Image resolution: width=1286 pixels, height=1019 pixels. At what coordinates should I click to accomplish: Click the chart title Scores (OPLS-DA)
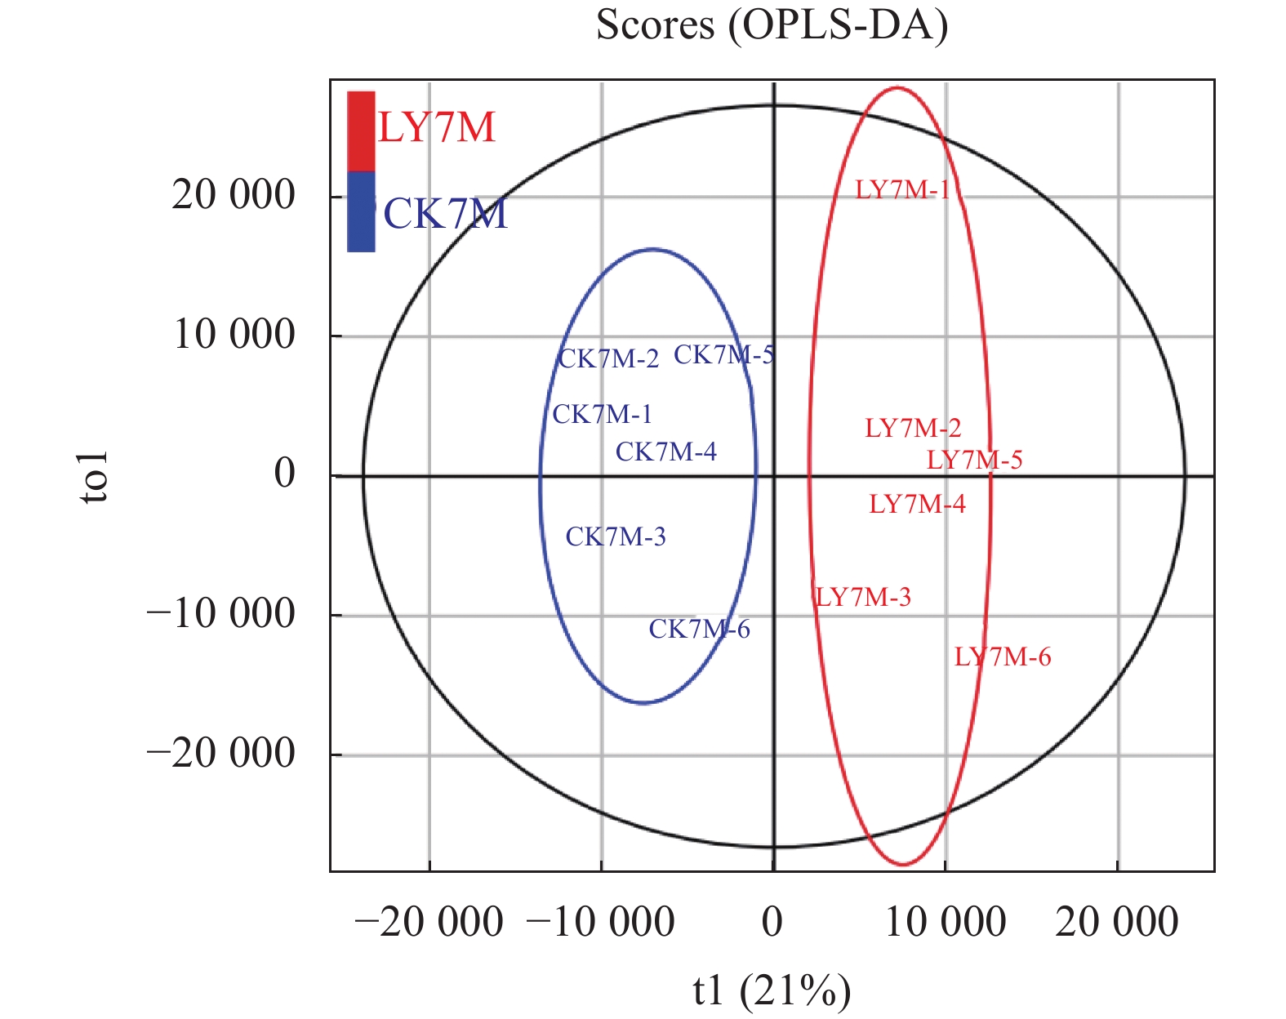772,25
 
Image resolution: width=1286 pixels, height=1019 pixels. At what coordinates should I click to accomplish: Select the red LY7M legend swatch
361,131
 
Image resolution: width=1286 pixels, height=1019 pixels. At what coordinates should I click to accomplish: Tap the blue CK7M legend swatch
361,211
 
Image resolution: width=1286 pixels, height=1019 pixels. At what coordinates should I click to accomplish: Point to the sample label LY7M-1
902,190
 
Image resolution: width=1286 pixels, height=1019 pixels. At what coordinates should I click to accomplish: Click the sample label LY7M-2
913,428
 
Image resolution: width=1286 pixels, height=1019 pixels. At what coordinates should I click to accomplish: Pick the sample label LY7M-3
863,597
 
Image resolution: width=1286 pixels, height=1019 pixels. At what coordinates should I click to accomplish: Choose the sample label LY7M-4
917,504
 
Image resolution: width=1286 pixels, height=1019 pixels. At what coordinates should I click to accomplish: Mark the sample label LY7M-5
974,460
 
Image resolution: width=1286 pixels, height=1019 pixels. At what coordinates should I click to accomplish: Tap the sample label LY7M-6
1003,656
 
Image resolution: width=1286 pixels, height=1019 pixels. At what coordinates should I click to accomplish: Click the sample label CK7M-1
603,415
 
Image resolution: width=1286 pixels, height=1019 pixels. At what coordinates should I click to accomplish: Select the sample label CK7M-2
608,359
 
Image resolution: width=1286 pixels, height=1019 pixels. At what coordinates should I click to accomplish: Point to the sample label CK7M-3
616,536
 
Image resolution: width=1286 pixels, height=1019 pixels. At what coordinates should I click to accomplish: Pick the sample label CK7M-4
665,452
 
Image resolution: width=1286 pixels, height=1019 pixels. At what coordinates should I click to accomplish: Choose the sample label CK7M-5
723,354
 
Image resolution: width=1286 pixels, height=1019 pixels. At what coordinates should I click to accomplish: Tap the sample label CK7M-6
699,629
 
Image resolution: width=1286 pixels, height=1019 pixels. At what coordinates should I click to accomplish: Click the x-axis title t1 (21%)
772,990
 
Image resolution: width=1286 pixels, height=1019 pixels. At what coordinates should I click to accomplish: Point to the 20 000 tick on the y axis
233,196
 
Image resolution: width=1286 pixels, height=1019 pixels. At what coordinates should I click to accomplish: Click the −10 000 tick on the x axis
600,923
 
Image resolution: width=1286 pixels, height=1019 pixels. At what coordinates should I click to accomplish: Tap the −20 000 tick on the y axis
220,754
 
